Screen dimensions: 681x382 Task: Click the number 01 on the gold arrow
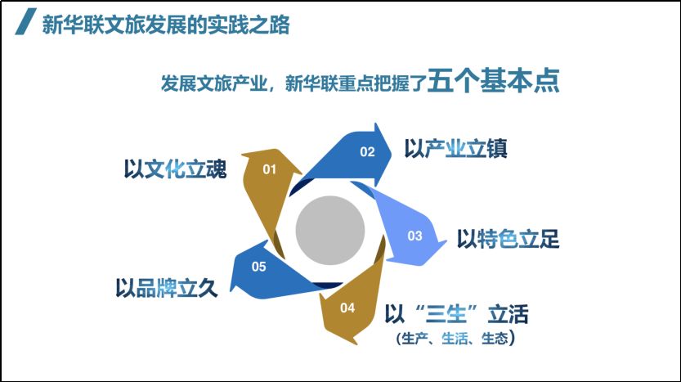pos(269,169)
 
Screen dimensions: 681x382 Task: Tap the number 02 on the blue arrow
pos(367,151)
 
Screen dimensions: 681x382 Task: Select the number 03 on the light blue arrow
pos(414,236)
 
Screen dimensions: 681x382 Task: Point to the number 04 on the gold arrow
pos(347,308)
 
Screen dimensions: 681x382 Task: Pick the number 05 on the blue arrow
pos(259,267)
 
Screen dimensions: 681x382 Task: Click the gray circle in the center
pos(330,230)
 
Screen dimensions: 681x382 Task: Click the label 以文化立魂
pos(175,169)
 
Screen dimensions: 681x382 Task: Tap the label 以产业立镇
pos(455,149)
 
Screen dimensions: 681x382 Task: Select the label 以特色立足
pos(508,239)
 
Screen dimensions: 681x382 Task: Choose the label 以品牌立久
pos(166,287)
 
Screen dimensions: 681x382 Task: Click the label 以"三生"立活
pos(456,314)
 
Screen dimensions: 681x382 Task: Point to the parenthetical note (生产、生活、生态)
pos(455,338)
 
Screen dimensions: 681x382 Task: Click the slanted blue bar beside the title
pos(25,21)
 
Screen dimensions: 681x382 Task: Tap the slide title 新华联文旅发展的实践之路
pos(166,25)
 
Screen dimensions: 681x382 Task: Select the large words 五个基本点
pos(494,80)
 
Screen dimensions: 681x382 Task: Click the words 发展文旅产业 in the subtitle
pos(213,83)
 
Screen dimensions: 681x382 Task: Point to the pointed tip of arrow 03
pos(446,241)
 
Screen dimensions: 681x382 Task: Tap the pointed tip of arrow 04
pos(357,344)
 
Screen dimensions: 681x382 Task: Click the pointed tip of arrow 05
pos(231,290)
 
